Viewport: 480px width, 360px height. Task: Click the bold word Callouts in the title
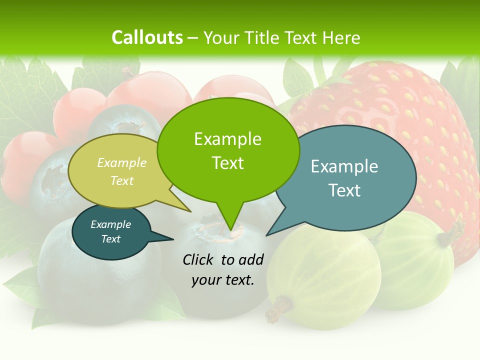(147, 37)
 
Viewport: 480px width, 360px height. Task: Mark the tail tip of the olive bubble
(190, 211)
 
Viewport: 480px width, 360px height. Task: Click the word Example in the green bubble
(228, 139)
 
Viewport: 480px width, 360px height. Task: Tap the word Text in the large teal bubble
(344, 190)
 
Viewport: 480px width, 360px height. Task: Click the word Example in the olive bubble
(122, 162)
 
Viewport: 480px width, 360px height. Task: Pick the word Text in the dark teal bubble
(111, 239)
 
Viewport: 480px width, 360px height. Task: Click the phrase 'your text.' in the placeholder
(223, 280)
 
